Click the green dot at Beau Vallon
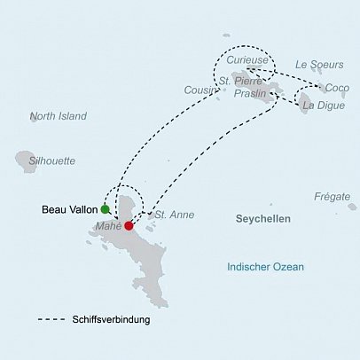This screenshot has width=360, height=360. click(x=106, y=210)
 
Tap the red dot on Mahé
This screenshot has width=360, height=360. click(x=129, y=226)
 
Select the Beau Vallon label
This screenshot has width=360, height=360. click(x=70, y=210)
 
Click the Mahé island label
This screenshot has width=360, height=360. click(x=107, y=226)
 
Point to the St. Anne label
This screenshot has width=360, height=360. click(x=174, y=215)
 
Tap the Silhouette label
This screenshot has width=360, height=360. click(x=52, y=161)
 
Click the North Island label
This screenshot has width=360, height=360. click(x=59, y=116)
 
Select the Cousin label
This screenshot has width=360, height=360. click(x=200, y=90)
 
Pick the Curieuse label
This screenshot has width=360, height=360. click(x=246, y=59)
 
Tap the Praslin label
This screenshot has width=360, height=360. click(x=252, y=93)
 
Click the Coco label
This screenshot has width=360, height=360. click(x=337, y=88)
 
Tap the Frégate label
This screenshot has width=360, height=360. click(x=332, y=196)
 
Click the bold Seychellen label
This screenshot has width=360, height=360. click(x=263, y=217)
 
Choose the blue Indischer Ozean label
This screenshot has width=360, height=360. click(x=265, y=267)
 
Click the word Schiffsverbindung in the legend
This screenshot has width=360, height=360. click(x=112, y=320)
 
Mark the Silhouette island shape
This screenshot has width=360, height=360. click(x=24, y=160)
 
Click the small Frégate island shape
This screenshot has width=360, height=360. click(x=352, y=207)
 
